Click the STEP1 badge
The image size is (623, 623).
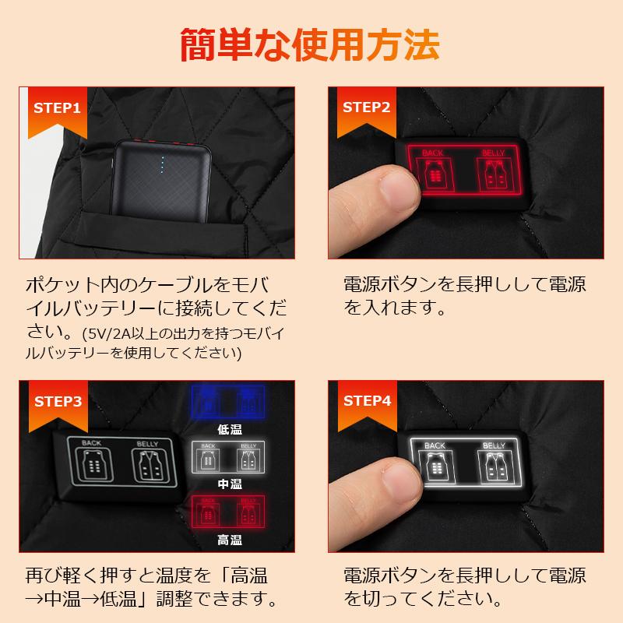pyautogui.click(x=55, y=107)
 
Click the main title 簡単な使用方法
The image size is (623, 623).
pyautogui.click(x=311, y=44)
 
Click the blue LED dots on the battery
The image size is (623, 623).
pyautogui.click(x=162, y=165)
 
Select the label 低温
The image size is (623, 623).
pyautogui.click(x=229, y=428)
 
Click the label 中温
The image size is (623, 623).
pyautogui.click(x=229, y=484)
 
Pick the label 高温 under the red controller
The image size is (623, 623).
pyautogui.click(x=229, y=539)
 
